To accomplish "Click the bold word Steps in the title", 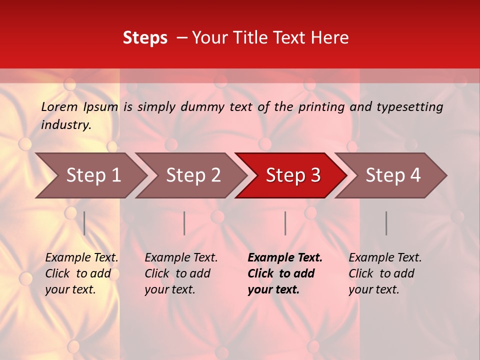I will (x=145, y=38).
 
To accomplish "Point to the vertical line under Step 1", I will (x=84, y=223).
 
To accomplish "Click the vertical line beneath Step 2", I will (x=184, y=223).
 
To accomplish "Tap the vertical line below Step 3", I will (x=285, y=223).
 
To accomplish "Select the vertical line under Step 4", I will (x=386, y=223).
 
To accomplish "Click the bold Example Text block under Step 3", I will (x=285, y=273).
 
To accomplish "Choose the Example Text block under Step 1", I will (x=81, y=273).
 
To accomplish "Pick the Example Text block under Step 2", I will (x=181, y=273).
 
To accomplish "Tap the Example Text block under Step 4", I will (x=385, y=273).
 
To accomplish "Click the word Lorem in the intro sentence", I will (x=59, y=106).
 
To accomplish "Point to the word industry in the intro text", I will (x=66, y=125).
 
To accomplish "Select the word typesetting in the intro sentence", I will (x=409, y=107).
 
